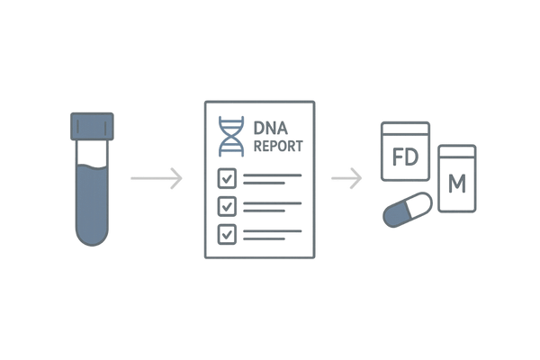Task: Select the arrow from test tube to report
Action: tap(157, 177)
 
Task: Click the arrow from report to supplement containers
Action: tap(346, 177)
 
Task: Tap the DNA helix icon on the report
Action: tap(232, 135)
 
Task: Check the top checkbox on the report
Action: tap(229, 179)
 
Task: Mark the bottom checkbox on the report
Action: tap(229, 234)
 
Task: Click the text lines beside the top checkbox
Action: tap(270, 179)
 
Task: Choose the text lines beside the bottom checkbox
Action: tap(270, 234)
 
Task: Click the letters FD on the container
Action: tap(405, 161)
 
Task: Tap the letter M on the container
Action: tap(456, 184)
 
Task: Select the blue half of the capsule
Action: tap(395, 216)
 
